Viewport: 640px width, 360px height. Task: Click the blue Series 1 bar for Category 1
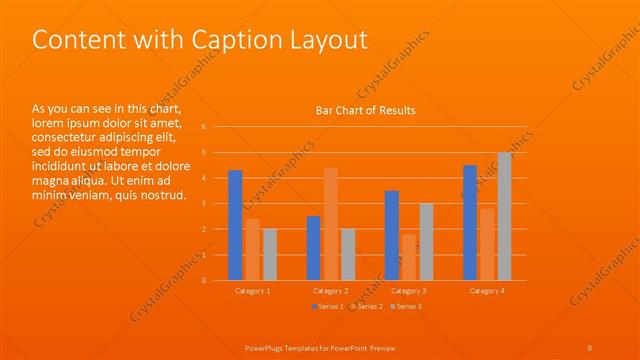pyautogui.click(x=235, y=225)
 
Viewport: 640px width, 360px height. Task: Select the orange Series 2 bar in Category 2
pyautogui.click(x=331, y=224)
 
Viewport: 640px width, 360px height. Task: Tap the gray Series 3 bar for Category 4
pyautogui.click(x=505, y=216)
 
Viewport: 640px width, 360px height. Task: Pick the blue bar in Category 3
pyautogui.click(x=391, y=235)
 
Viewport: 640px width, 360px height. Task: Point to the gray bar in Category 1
pyautogui.click(x=269, y=254)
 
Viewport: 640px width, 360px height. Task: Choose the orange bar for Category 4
pyautogui.click(x=487, y=244)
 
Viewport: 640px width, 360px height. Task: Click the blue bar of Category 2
pyautogui.click(x=313, y=248)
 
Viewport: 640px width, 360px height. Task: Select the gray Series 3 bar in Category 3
pyautogui.click(x=426, y=241)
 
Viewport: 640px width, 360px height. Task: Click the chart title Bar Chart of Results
pyautogui.click(x=365, y=110)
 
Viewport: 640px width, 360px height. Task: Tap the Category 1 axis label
pyautogui.click(x=252, y=290)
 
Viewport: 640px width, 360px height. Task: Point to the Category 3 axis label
pyautogui.click(x=409, y=290)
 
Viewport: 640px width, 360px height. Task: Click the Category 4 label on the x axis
pyautogui.click(x=487, y=290)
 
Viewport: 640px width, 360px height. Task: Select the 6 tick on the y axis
pyautogui.click(x=204, y=127)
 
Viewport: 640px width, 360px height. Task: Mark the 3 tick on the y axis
pyautogui.click(x=204, y=204)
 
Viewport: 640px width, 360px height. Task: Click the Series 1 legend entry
pyautogui.click(x=328, y=306)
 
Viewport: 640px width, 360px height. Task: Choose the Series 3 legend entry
pyautogui.click(x=406, y=306)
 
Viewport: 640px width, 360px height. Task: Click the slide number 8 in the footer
pyautogui.click(x=590, y=346)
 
